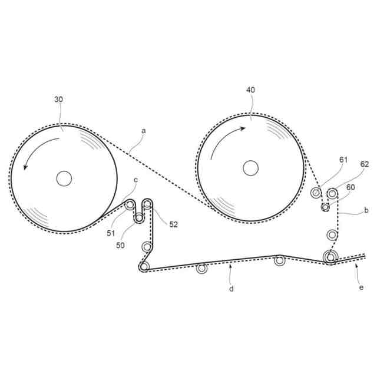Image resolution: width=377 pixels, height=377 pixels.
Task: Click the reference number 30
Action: [58, 100]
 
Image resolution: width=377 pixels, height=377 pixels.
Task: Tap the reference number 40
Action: [250, 90]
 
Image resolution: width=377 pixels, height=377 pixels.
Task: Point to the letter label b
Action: [366, 210]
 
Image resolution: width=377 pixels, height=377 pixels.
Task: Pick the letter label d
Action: [232, 289]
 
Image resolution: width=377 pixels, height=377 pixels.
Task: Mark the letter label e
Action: [361, 287]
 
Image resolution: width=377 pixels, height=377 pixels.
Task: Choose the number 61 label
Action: [343, 159]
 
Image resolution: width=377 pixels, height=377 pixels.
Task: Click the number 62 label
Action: [364, 165]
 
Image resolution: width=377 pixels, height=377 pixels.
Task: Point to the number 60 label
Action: [352, 187]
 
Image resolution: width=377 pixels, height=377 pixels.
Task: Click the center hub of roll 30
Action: [64, 178]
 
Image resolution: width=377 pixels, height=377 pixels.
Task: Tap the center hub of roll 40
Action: [250, 168]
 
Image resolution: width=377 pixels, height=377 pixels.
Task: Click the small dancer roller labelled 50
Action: [139, 219]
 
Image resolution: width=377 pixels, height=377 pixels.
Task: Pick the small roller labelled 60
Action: [325, 207]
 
